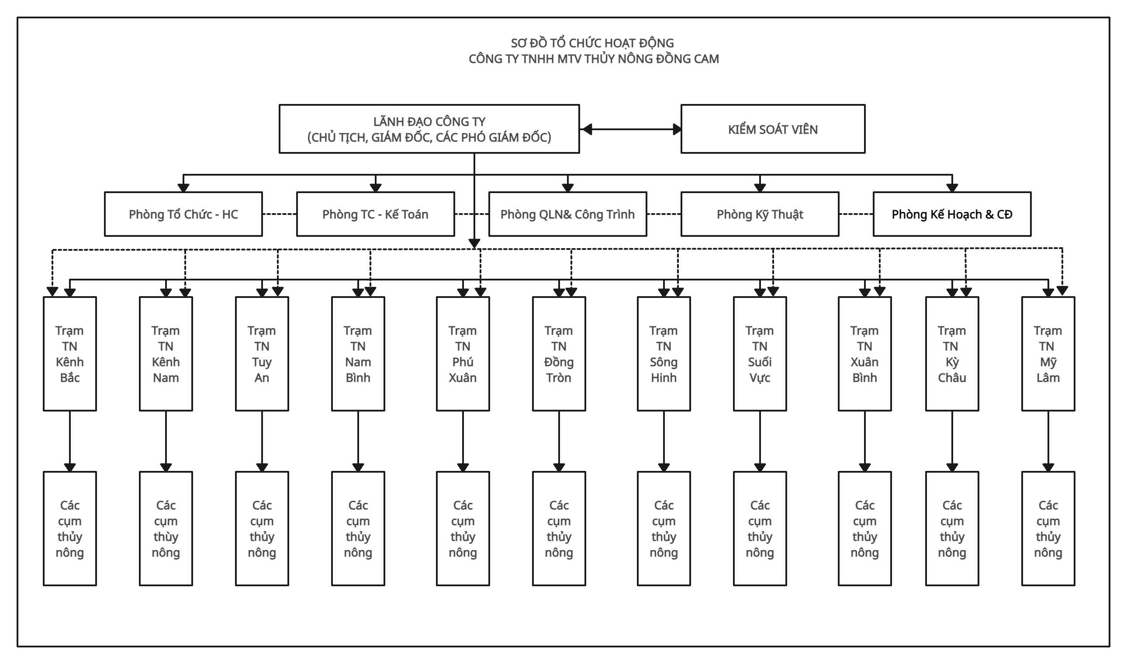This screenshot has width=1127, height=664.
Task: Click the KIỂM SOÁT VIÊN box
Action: coord(773,129)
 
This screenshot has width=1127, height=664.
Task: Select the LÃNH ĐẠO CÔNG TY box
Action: coord(429,129)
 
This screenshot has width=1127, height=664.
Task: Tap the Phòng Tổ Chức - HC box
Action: coord(183,214)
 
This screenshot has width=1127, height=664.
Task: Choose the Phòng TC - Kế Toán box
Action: coord(375,214)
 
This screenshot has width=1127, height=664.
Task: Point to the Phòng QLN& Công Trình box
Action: coord(567,214)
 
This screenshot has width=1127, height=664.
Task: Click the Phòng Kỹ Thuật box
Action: coord(760,214)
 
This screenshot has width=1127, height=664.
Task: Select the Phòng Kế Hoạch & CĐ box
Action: coord(952,214)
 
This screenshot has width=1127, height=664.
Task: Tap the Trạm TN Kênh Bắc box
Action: coord(70,353)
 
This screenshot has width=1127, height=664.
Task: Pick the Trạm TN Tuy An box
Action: coord(262,353)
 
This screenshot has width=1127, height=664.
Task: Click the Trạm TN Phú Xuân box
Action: coord(463,353)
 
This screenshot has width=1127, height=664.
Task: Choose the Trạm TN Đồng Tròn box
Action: coord(559,353)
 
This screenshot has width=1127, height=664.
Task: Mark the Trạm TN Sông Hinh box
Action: coord(664,353)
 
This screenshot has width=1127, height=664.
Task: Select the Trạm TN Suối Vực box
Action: coord(760,353)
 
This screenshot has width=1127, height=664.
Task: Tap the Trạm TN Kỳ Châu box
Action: coord(952,353)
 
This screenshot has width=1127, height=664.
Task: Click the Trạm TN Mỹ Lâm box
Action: coord(1048,353)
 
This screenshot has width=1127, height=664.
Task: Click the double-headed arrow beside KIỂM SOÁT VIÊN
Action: coord(630,129)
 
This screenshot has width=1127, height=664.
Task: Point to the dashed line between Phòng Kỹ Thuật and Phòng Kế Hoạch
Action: coord(856,214)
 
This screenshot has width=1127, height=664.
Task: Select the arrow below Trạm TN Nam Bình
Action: coord(358,441)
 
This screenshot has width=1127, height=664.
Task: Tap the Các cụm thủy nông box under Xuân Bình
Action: coord(864,529)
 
